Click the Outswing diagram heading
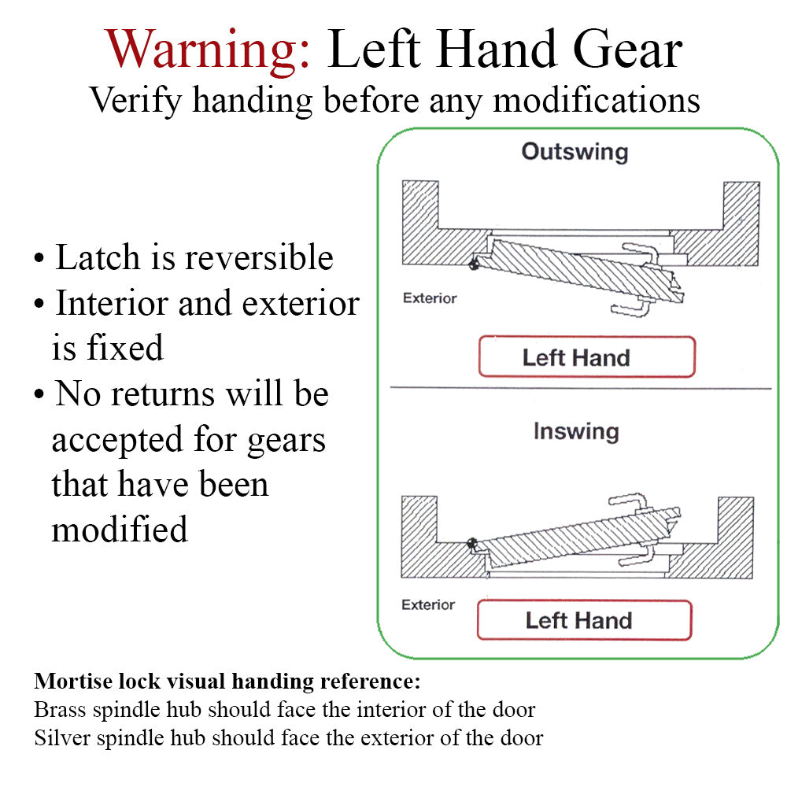tap(575, 151)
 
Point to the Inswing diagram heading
tap(575, 431)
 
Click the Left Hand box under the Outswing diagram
tap(586, 357)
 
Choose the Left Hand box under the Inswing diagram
tap(584, 620)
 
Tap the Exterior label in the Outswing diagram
tap(429, 298)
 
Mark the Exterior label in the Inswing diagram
tap(428, 604)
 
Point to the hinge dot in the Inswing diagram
tap(472, 542)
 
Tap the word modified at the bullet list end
tap(120, 529)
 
